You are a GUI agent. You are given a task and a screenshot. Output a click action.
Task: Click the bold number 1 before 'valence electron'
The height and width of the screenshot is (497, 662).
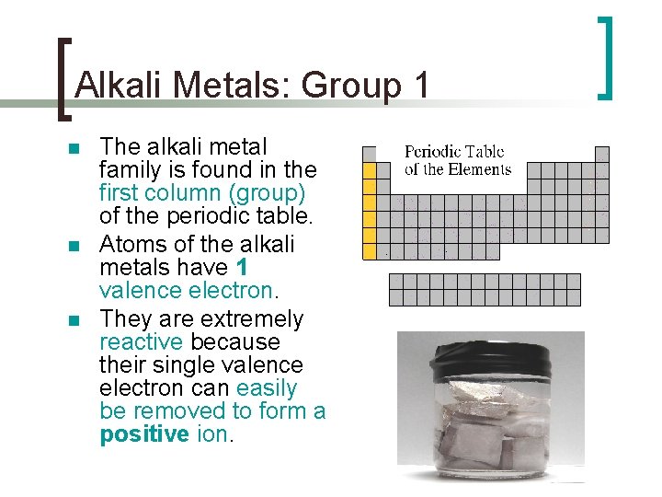pos(242,268)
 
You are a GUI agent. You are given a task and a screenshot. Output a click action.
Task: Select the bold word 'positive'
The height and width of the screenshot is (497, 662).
pos(144,434)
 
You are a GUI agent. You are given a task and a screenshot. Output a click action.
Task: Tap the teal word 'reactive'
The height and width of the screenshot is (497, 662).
pos(141,342)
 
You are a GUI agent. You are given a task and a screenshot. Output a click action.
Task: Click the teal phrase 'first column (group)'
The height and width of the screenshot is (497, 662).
pos(202,193)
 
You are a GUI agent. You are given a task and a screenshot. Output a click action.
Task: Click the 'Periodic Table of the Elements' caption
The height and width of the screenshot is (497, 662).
pos(457,160)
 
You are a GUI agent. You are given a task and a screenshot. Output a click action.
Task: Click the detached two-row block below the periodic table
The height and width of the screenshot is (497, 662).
pos(485,289)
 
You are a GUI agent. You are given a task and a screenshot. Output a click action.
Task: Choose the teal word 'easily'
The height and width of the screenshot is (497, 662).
pos(267,388)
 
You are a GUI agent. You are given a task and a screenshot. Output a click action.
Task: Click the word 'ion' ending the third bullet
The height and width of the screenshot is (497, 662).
pos(213,434)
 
